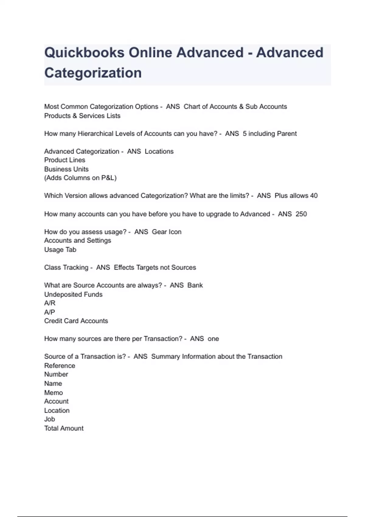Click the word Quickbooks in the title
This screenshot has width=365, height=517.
tap(84, 53)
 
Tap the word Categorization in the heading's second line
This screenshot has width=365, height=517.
tap(93, 73)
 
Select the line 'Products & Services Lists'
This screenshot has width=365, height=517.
tap(82, 116)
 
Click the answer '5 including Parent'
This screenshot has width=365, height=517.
tap(269, 134)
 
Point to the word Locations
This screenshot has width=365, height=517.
tap(159, 151)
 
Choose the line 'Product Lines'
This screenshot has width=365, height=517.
tap(64, 160)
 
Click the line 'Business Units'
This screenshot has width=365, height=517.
tap(66, 169)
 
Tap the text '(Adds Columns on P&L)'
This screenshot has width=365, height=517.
tap(80, 178)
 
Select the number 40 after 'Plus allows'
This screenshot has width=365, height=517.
tap(314, 196)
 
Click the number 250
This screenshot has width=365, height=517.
tap(301, 214)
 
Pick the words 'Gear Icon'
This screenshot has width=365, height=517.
tap(166, 232)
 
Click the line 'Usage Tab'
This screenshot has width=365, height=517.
tap(60, 250)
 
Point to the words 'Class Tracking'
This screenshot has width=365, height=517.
tap(66, 268)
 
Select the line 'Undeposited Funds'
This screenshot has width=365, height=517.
tap(73, 294)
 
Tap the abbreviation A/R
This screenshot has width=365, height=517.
tap(50, 303)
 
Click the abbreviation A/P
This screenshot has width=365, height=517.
tap(50, 312)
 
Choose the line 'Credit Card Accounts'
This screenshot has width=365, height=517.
tap(76, 321)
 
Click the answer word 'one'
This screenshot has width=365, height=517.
tap(213, 339)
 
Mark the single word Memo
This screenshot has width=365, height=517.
tap(54, 393)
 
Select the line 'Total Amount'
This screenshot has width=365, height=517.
tap(64, 429)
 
